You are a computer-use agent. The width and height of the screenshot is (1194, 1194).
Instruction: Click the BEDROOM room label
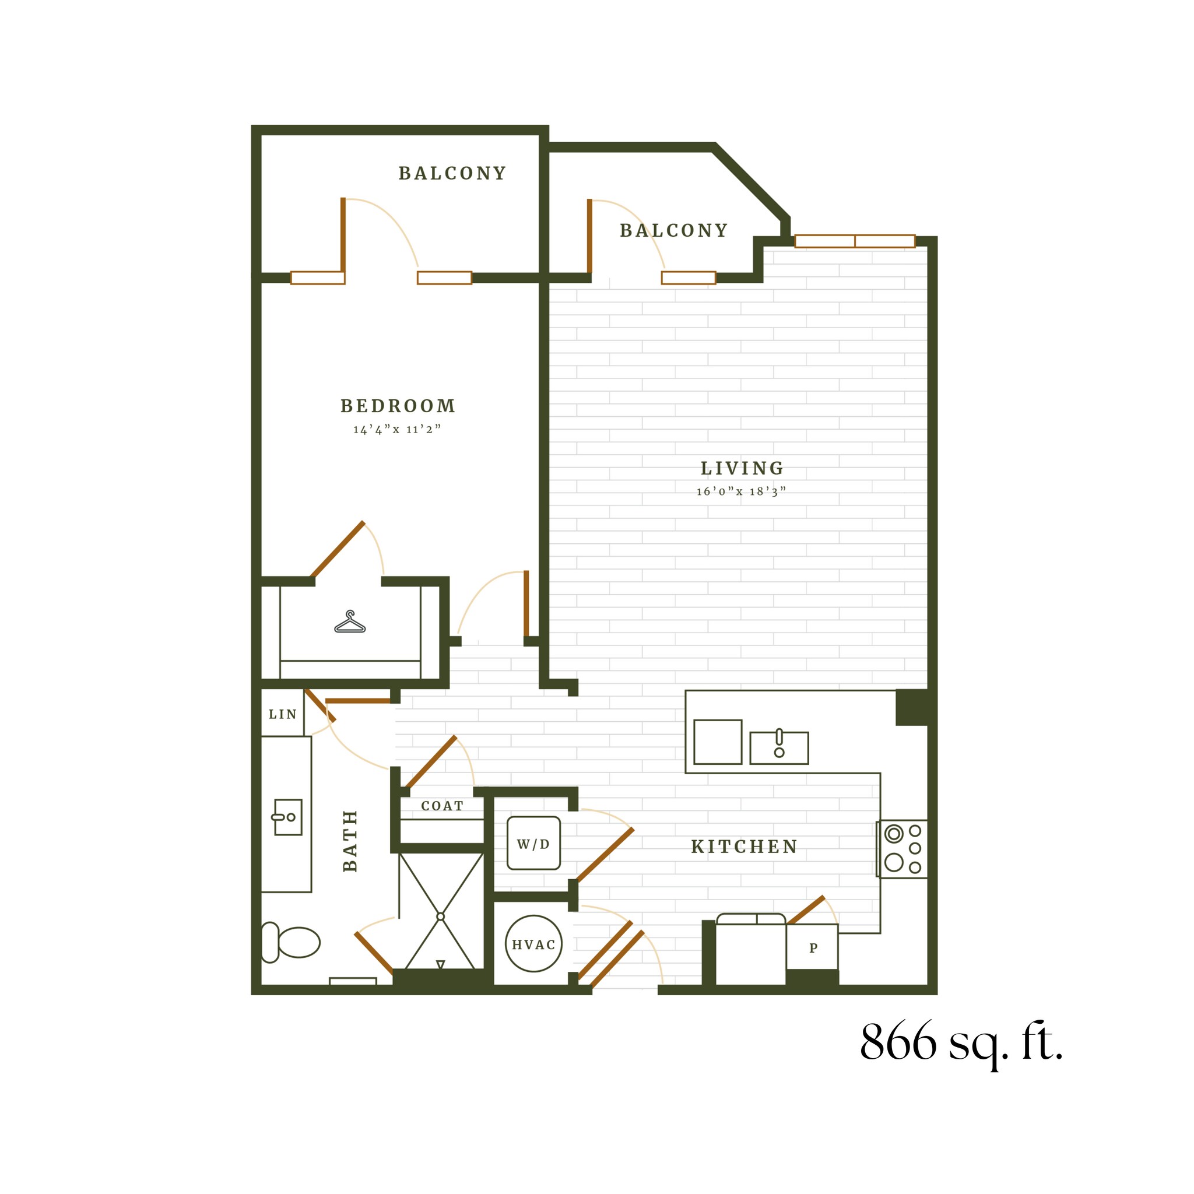398,406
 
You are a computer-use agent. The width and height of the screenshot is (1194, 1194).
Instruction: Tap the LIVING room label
742,469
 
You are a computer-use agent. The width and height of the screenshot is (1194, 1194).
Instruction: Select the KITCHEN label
744,847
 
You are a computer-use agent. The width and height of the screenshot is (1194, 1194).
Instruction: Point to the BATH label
350,841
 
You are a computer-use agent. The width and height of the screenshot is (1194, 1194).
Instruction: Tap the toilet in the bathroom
290,943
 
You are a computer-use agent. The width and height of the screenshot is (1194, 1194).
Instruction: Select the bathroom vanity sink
287,817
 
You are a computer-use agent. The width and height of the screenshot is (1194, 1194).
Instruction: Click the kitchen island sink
779,748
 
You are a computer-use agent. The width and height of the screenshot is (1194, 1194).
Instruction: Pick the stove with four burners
902,848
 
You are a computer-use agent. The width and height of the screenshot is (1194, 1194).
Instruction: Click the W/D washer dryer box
533,844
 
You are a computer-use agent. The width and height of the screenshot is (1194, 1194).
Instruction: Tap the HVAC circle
533,944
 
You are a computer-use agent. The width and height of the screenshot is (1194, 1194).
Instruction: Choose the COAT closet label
442,806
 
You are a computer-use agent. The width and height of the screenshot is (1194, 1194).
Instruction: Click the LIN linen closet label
282,714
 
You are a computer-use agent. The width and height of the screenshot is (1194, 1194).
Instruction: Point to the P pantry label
813,948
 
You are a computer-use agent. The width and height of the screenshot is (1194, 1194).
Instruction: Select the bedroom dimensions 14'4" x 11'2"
397,429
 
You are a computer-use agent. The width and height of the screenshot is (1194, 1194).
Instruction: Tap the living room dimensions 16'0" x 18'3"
741,491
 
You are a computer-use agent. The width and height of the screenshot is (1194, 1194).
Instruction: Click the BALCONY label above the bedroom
452,174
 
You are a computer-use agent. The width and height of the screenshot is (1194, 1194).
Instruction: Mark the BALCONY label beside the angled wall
673,230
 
